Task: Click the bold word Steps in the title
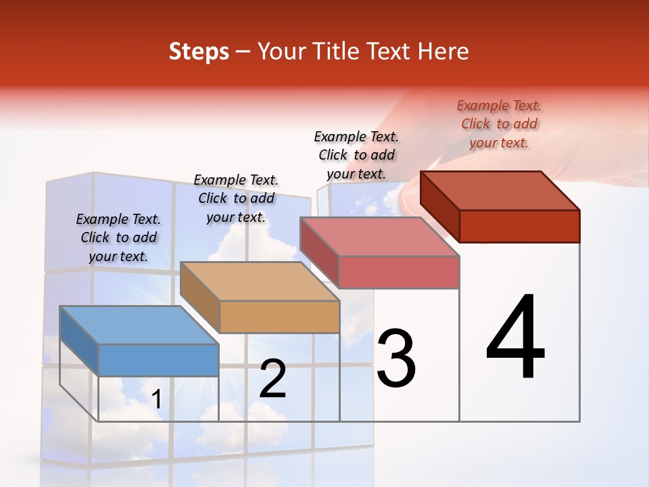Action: pos(199,51)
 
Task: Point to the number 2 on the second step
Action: pos(272,379)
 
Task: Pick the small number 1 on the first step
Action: pos(157,399)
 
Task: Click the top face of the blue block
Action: pos(139,325)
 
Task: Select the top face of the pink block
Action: pos(379,237)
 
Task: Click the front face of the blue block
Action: pos(158,360)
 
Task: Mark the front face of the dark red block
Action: pos(519,226)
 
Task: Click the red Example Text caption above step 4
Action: pos(499,124)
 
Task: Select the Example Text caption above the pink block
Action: pos(356,155)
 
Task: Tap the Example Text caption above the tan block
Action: pos(236,198)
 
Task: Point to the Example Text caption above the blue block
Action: pos(118,237)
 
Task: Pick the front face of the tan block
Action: pos(279,317)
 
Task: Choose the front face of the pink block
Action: pos(399,272)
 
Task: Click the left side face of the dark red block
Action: pos(439,206)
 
